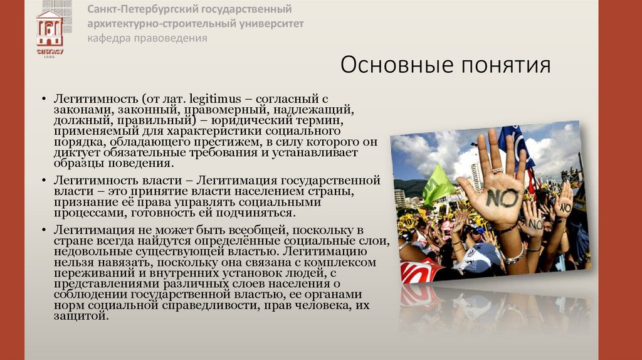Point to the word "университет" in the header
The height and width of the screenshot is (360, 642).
270,24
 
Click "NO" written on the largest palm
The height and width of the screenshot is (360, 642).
502,198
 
